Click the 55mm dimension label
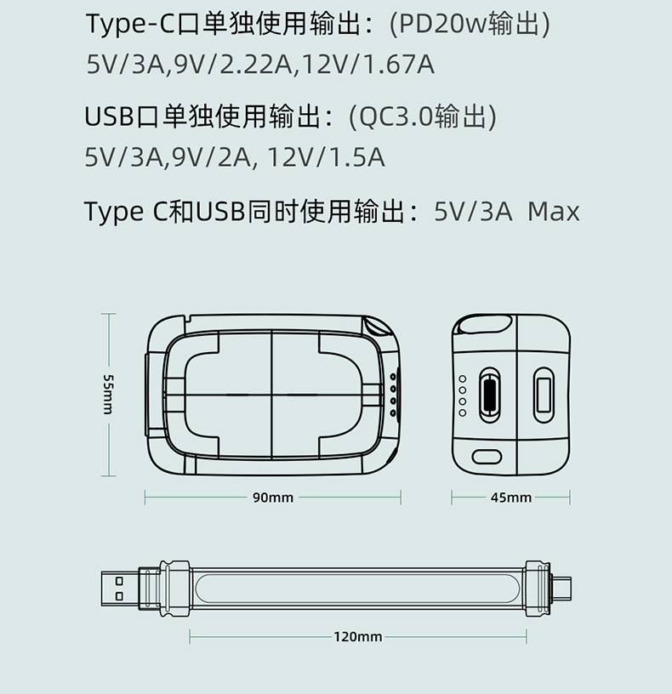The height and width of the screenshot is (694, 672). click(x=108, y=395)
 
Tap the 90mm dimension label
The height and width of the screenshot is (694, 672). click(x=273, y=498)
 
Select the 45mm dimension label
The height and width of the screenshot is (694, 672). click(x=511, y=498)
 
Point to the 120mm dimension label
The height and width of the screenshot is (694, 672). click(x=358, y=636)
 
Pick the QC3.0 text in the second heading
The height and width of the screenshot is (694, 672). click(x=396, y=117)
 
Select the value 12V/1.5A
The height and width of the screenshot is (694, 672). click(x=327, y=157)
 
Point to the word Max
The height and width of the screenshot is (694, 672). click(x=554, y=212)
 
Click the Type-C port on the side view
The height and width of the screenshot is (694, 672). click(x=490, y=395)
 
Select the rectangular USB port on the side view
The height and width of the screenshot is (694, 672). click(x=544, y=395)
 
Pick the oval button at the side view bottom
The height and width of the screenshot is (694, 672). click(x=487, y=458)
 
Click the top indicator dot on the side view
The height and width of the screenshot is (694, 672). click(x=463, y=378)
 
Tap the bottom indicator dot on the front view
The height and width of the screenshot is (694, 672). click(x=393, y=413)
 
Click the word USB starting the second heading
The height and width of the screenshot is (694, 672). click(x=109, y=117)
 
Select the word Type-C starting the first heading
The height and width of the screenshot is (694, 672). click(x=131, y=25)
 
